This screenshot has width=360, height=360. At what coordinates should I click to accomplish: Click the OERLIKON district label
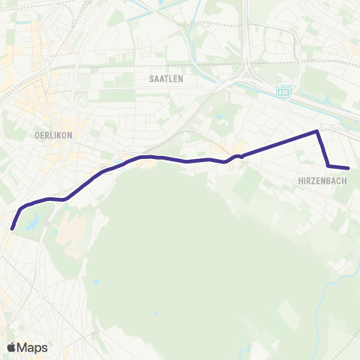52,136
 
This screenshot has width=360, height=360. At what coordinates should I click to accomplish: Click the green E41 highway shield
282,91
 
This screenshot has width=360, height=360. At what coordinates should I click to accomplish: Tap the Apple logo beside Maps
11,347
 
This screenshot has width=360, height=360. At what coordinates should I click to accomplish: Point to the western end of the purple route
13,227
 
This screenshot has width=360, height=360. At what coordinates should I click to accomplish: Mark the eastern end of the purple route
348,168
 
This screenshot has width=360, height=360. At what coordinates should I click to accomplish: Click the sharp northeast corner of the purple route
317,132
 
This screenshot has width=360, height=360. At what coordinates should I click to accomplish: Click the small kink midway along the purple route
238,156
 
